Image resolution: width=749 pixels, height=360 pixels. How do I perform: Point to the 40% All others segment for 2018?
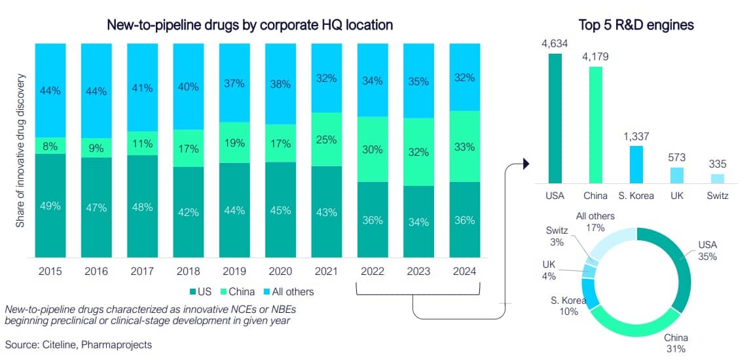[189, 86]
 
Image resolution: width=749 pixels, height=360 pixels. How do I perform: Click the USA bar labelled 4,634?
[555, 118]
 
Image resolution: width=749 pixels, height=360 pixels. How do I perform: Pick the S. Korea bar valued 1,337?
[636, 164]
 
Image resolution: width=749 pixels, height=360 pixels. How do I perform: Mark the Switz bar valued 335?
[718, 179]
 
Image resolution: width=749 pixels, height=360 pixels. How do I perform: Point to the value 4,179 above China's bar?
[596, 57]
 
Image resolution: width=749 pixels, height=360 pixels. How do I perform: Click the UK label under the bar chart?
[677, 196]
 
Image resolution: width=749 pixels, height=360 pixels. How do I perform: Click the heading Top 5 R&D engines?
[636, 26]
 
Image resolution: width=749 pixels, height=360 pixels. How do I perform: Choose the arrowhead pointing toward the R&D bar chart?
[525, 163]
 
